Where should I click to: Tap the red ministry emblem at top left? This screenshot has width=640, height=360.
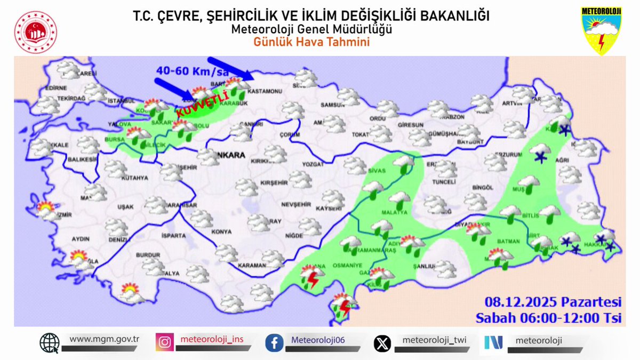[36, 31]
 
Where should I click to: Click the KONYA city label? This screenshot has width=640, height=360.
[221, 231]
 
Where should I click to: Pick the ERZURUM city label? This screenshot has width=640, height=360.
[508, 154]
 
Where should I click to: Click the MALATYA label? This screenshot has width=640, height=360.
[398, 212]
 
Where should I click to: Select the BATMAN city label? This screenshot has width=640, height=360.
[508, 241]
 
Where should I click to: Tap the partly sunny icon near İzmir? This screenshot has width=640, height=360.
[46, 210]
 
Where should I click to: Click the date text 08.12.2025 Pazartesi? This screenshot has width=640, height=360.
[553, 302]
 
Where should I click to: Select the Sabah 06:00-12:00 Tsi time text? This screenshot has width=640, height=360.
[549, 318]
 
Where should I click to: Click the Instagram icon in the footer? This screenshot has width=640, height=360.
[165, 342]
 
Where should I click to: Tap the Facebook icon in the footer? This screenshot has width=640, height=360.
[274, 342]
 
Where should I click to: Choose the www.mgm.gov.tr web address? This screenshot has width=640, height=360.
[104, 339]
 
